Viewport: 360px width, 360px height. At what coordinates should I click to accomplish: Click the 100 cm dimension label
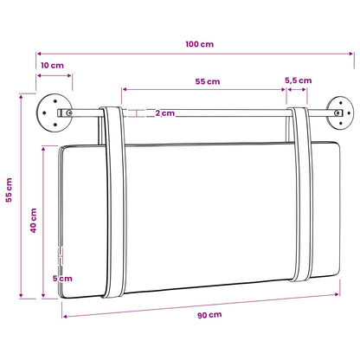point(200,44)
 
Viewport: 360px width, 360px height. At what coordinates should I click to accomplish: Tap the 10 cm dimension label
point(52,66)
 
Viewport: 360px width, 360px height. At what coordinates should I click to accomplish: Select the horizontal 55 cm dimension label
point(208,81)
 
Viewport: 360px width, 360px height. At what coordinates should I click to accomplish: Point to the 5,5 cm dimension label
point(299,80)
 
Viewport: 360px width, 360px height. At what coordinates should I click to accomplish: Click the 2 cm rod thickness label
point(165,113)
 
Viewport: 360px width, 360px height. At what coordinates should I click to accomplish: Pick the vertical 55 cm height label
point(9,190)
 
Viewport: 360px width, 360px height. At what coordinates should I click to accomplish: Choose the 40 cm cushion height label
point(34,221)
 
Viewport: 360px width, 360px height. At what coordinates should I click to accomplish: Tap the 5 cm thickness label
point(62,279)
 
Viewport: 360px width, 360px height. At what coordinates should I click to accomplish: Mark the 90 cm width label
point(209,315)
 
